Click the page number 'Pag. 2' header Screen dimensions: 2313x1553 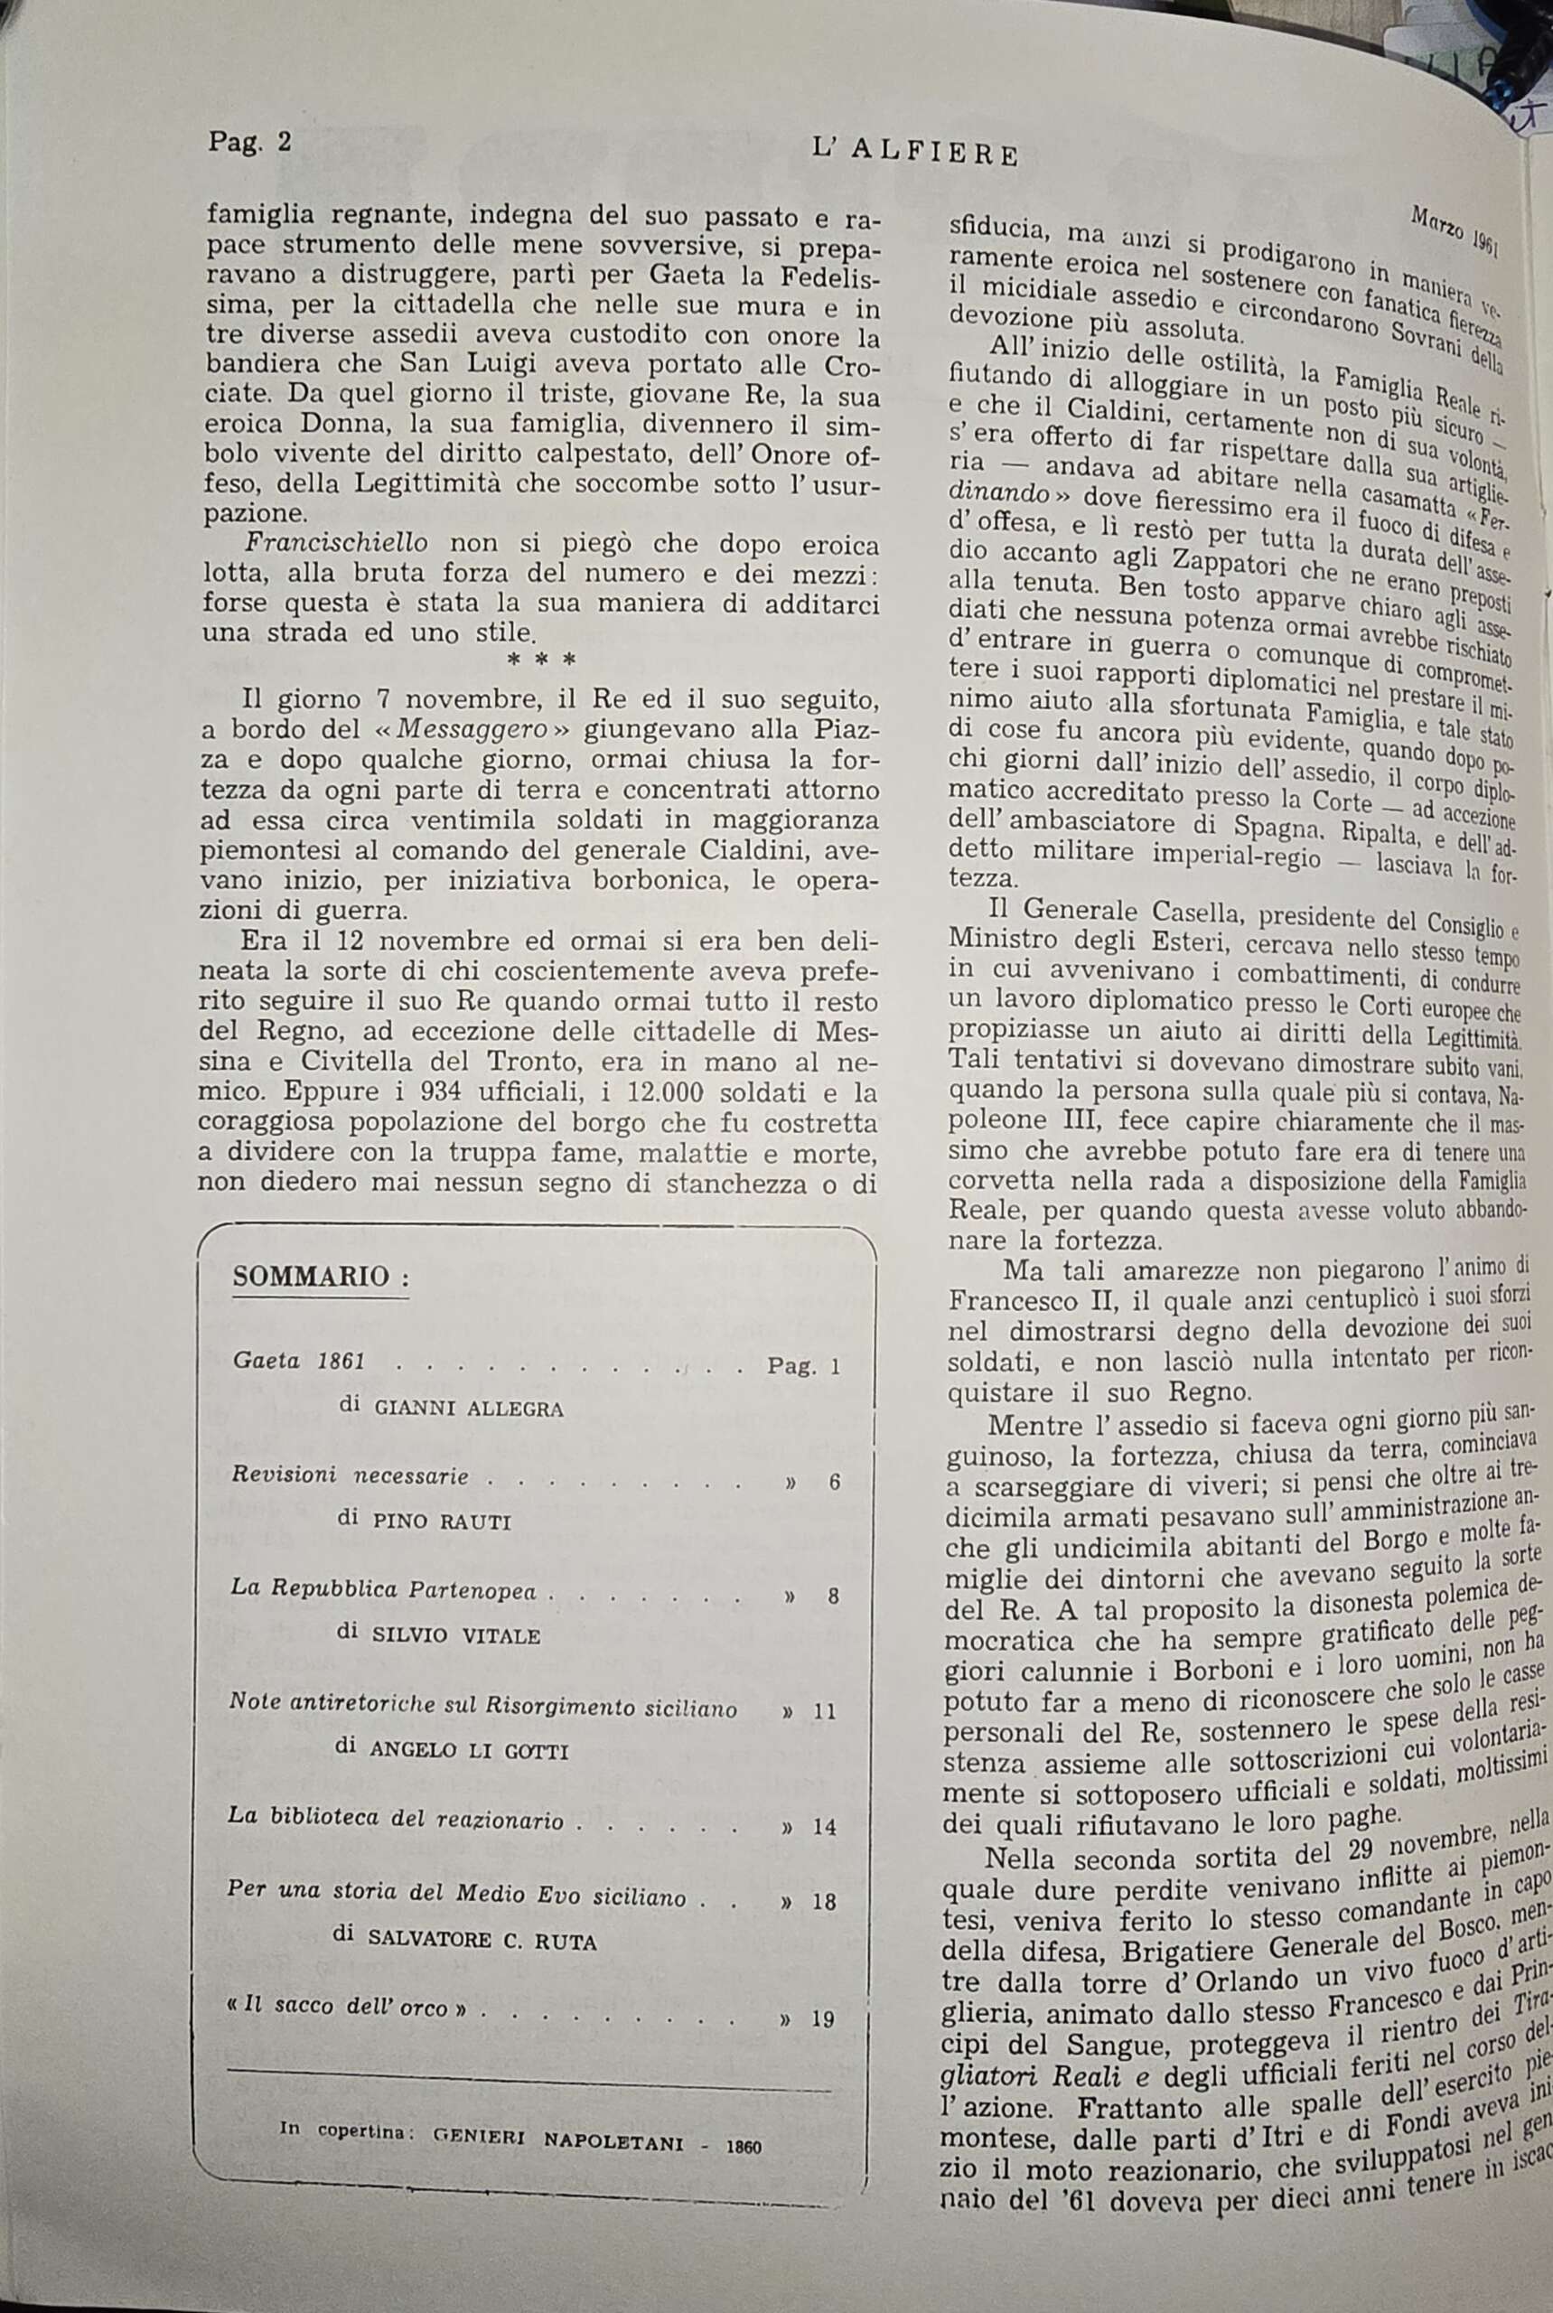coord(249,142)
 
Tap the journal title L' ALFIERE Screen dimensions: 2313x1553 coord(914,153)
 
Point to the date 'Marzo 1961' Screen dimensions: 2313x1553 coord(1454,228)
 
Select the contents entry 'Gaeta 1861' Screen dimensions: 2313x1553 coord(299,1361)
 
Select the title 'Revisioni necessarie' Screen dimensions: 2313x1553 coord(350,1475)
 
